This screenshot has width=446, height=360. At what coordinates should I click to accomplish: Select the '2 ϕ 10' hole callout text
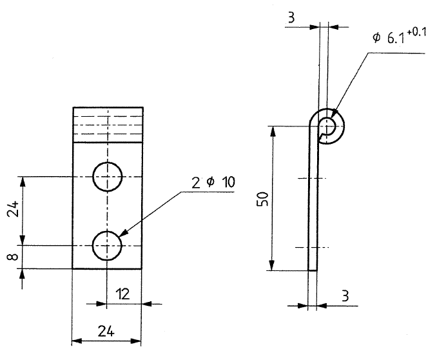213,183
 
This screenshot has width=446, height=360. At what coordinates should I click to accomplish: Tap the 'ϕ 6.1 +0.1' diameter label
400,36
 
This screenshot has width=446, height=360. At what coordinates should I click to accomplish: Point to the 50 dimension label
262,199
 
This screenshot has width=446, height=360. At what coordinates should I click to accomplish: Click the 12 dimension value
122,294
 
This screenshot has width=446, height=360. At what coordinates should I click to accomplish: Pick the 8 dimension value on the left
13,257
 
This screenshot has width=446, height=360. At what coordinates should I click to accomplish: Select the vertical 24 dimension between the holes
13,209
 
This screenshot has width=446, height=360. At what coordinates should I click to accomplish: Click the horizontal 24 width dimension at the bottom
106,331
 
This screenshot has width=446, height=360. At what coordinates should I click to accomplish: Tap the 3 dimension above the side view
291,17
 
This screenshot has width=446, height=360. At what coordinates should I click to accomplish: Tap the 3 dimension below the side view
345,296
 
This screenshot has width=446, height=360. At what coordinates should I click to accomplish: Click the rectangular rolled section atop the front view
108,125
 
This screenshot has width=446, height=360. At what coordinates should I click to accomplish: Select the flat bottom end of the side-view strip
313,270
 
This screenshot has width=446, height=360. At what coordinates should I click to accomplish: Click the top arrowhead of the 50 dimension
273,132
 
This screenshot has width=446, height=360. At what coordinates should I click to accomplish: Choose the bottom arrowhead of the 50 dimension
272,265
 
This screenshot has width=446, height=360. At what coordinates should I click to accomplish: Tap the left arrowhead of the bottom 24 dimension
77,341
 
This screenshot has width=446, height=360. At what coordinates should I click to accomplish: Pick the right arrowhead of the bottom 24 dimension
136,341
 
